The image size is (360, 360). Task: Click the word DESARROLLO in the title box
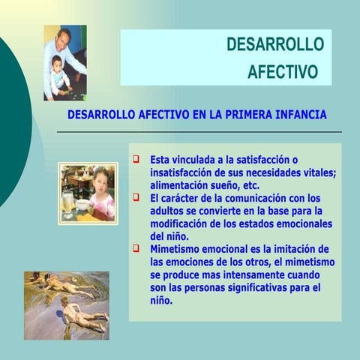(275, 45)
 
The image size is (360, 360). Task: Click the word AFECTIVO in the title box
(283, 72)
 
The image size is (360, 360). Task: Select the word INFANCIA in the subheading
(300, 115)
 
